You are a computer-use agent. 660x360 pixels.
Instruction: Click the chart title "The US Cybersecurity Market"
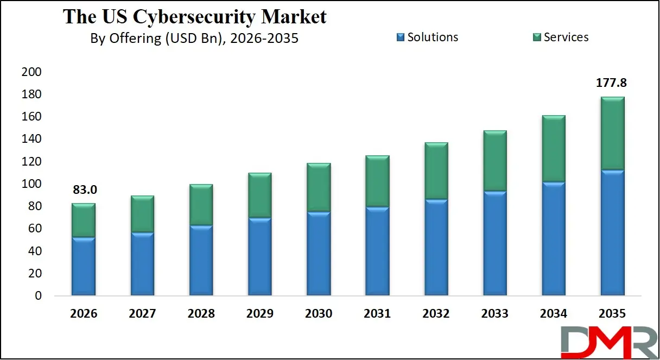tap(194, 16)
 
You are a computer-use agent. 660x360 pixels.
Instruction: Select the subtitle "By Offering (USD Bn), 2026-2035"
tap(194, 39)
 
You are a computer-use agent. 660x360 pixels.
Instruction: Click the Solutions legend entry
tap(427, 37)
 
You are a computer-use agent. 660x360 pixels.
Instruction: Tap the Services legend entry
tap(560, 37)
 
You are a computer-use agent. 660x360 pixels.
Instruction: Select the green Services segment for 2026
tap(83, 220)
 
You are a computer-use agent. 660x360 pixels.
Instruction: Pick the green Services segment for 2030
tap(319, 187)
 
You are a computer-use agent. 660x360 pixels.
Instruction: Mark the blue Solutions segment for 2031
tap(377, 251)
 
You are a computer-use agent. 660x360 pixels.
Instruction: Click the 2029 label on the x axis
tap(259, 314)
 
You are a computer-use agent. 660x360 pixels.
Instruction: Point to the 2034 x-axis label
tap(554, 314)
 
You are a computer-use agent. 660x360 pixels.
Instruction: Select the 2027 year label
tap(142, 314)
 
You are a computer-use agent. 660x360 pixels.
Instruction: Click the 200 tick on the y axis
tap(31, 72)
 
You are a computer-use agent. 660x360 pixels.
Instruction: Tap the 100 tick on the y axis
tap(31, 184)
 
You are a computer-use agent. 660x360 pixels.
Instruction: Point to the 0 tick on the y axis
tap(38, 296)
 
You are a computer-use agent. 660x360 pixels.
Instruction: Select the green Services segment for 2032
tap(436, 171)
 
